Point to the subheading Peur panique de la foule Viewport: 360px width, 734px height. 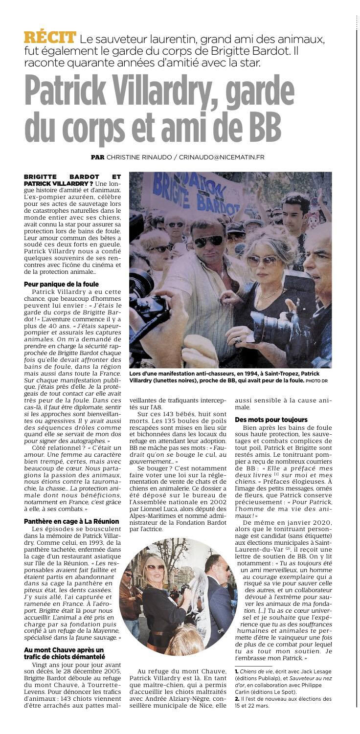point(61,284)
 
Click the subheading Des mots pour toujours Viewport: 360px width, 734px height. point(271,419)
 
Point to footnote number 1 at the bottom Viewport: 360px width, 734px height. point(237,672)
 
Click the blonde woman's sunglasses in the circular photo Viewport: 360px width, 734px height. point(156,567)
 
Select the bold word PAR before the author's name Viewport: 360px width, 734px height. point(98,157)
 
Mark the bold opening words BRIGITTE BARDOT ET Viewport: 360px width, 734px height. point(72,176)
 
